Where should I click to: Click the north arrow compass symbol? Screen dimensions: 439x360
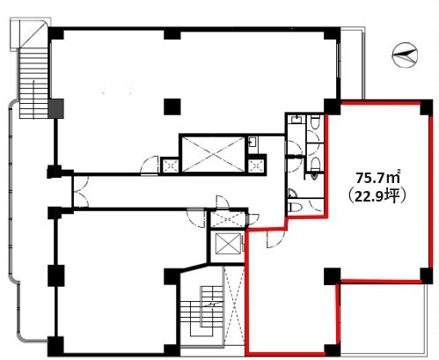click(405, 55)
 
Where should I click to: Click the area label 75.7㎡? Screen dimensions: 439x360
click(378, 178)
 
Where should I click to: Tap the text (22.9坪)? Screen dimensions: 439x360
click(377, 196)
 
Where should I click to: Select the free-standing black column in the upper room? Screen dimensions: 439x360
click(172, 107)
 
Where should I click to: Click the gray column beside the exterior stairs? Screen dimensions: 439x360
click(55, 108)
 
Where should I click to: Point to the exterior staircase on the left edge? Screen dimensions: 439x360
click(33, 84)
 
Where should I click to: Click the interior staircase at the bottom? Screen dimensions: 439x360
click(201, 312)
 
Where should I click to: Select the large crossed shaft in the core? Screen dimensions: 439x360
click(213, 154)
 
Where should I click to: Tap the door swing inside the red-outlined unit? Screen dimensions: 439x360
click(275, 239)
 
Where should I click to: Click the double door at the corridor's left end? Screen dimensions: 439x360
click(81, 192)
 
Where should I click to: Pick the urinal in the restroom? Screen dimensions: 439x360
click(314, 175)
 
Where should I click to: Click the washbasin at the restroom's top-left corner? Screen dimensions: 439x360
click(296, 120)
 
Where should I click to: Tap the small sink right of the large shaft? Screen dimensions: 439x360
click(252, 143)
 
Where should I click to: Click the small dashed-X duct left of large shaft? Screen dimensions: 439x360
click(171, 165)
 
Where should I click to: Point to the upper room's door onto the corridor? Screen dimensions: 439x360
click(150, 165)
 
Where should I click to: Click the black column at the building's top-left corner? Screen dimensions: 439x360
click(55, 33)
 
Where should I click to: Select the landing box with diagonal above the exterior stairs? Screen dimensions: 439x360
click(29, 34)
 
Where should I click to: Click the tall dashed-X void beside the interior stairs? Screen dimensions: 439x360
click(234, 305)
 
